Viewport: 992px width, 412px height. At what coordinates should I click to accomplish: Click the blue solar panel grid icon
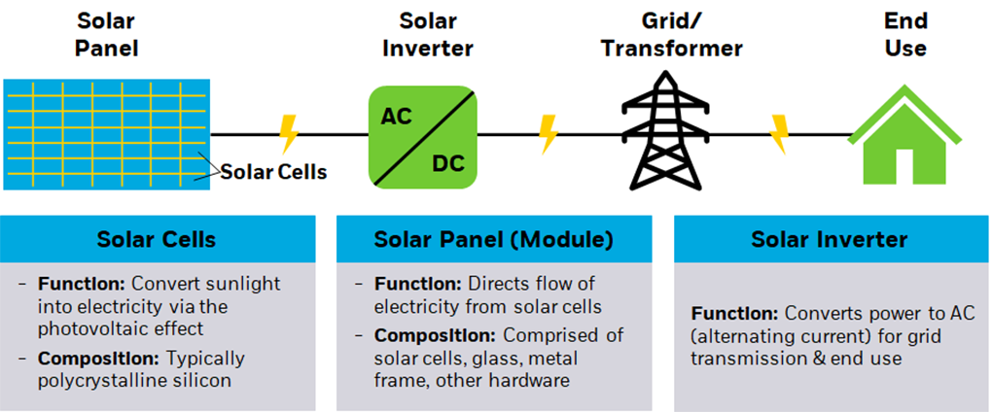(106, 134)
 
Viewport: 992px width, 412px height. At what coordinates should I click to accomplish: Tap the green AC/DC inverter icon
(421, 135)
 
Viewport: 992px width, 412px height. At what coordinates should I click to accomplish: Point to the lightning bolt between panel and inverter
(288, 134)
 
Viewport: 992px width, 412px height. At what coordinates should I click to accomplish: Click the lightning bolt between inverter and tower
(548, 134)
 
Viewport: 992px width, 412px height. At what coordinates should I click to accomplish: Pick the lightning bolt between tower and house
(779, 134)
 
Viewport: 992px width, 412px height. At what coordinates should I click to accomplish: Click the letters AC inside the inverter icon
(396, 117)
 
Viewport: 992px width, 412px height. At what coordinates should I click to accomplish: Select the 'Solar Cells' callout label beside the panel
(273, 173)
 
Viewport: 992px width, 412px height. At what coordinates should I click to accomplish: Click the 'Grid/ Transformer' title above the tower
(671, 34)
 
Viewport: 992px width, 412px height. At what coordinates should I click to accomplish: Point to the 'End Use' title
(904, 34)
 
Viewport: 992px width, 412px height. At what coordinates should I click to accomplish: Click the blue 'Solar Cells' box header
(157, 239)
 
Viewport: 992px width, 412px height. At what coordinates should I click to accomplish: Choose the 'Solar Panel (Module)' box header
(493, 239)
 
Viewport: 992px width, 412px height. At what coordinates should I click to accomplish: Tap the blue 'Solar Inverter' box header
(830, 239)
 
